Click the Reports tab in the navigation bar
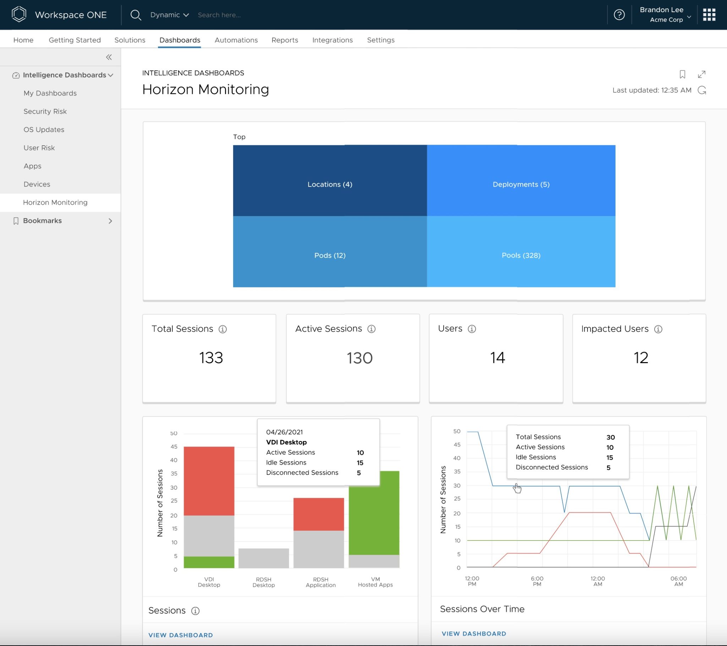click(285, 40)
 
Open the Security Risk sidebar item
click(45, 111)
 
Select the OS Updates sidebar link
click(44, 129)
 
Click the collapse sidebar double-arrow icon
click(109, 57)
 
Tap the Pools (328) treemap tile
click(521, 255)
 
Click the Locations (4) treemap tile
click(330, 184)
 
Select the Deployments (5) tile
click(521, 184)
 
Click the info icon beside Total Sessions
click(223, 329)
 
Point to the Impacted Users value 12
click(641, 357)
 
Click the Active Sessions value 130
click(359, 358)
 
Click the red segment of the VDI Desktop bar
click(209, 481)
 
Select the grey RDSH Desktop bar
click(263, 558)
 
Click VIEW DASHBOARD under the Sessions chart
click(180, 635)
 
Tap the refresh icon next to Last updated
click(702, 90)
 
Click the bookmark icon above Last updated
click(682, 74)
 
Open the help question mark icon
click(619, 15)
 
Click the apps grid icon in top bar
click(709, 15)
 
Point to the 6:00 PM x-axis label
click(537, 581)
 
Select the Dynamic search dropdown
click(169, 15)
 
